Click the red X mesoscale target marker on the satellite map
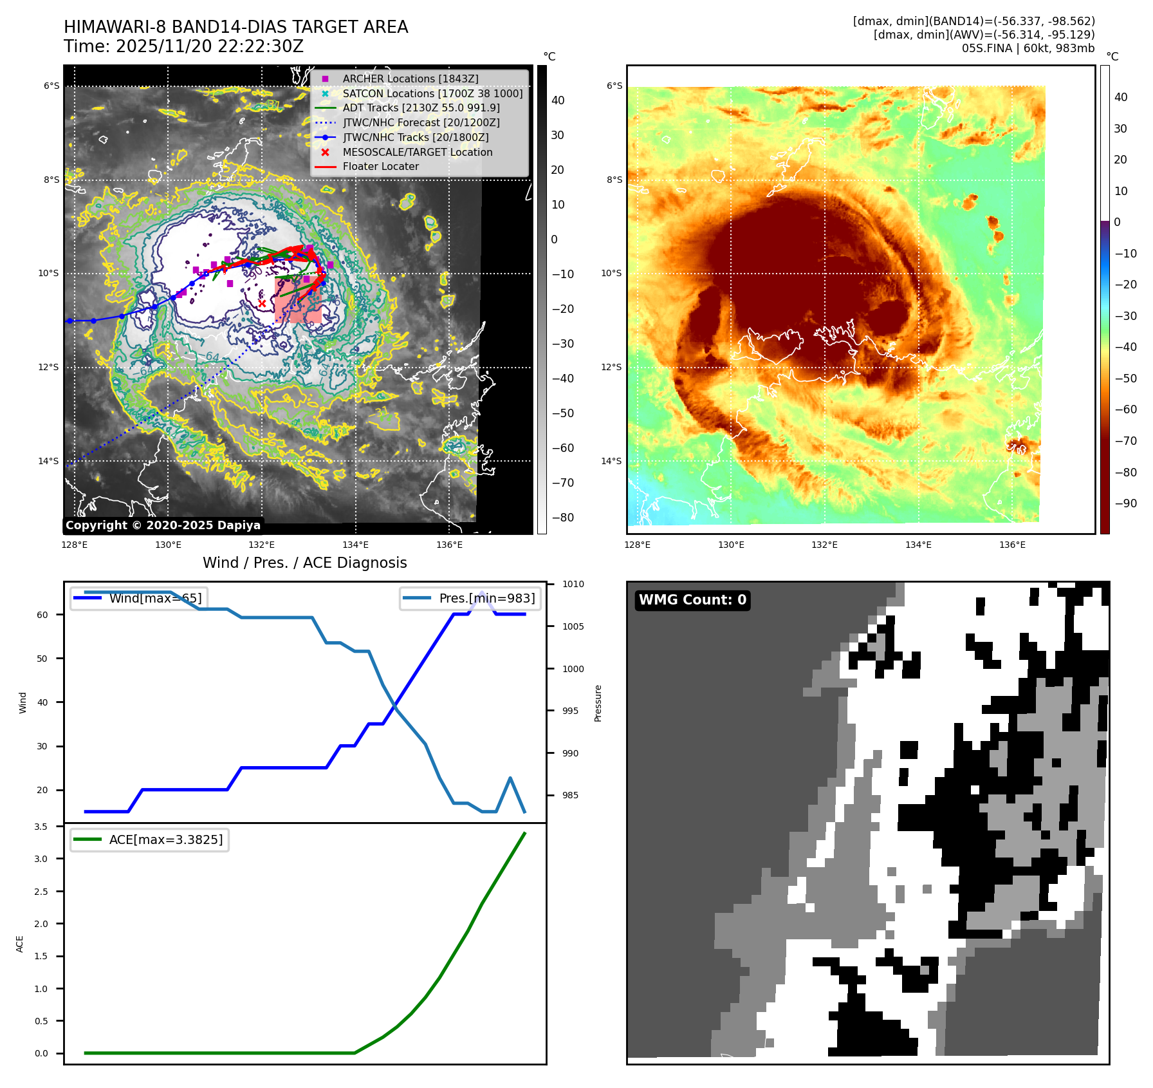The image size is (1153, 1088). point(262,303)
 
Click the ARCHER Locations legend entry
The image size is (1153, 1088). point(410,79)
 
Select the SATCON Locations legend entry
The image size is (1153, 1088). point(432,93)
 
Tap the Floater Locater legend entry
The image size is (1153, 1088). point(380,166)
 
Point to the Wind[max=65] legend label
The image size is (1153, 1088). point(155,598)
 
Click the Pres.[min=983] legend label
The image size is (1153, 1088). point(487,598)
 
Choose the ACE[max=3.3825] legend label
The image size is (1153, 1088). point(166,839)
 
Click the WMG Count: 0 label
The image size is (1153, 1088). point(692,600)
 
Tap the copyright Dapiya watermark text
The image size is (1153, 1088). point(163,525)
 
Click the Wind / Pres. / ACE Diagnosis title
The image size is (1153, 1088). point(304,563)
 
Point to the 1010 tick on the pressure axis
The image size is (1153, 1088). point(573,584)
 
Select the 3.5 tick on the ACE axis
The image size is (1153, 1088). point(41,827)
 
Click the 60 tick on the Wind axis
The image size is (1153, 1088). point(42,615)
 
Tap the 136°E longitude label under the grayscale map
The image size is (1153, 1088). point(449,545)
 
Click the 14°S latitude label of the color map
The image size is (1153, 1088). point(611,461)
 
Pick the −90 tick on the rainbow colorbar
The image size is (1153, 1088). point(1125,503)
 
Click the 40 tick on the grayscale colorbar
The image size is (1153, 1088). point(558,100)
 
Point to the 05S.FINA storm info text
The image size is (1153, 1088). point(1028,48)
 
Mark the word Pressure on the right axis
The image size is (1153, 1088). point(598,703)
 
